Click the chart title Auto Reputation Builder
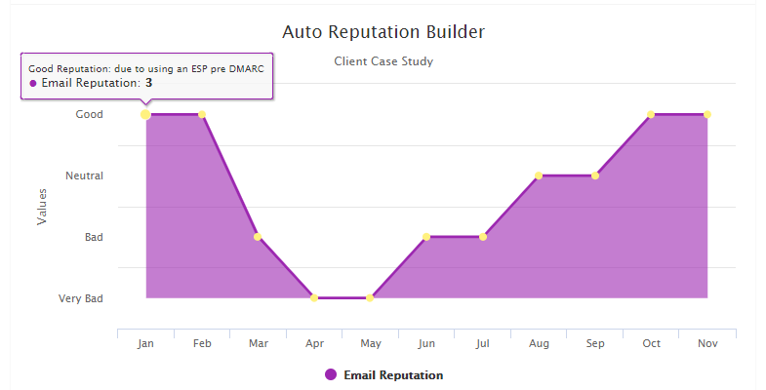pyautogui.click(x=383, y=32)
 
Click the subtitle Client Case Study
pyautogui.click(x=383, y=61)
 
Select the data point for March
pyautogui.click(x=258, y=237)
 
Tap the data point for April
pyautogui.click(x=314, y=297)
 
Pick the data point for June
pyautogui.click(x=426, y=237)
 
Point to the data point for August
pyautogui.click(x=539, y=175)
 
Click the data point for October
pyautogui.click(x=651, y=114)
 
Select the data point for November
pyautogui.click(x=706, y=114)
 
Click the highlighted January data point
pyautogui.click(x=145, y=114)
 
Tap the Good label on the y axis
pyautogui.click(x=90, y=115)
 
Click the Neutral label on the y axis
pyautogui.click(x=84, y=176)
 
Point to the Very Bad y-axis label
pyautogui.click(x=81, y=298)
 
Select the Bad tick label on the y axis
pyautogui.click(x=94, y=237)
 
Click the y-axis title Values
pyautogui.click(x=42, y=207)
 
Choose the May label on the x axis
pyautogui.click(x=371, y=344)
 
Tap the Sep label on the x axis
pyautogui.click(x=595, y=344)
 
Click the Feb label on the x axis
pyautogui.click(x=202, y=344)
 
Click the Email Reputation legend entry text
pyautogui.click(x=393, y=375)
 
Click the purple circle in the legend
pyautogui.click(x=331, y=375)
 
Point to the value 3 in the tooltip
pyautogui.click(x=148, y=83)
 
